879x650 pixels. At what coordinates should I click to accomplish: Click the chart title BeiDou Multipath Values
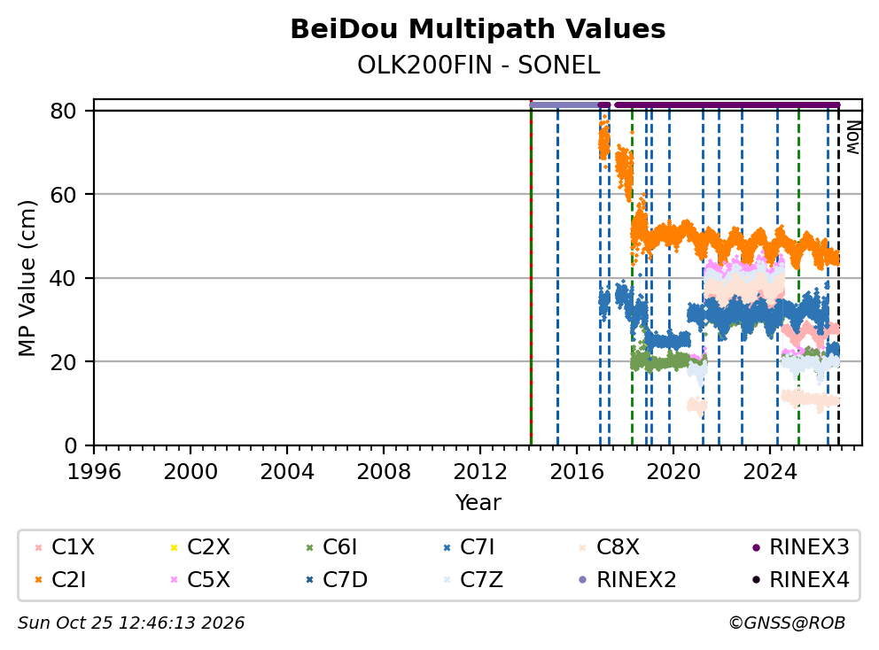tap(478, 29)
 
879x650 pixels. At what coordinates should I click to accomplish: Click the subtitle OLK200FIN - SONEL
tap(478, 66)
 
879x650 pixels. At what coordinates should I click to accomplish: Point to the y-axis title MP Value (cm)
tap(27, 278)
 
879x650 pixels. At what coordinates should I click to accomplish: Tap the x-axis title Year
tap(478, 503)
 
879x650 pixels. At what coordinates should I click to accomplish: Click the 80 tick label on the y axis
tap(63, 111)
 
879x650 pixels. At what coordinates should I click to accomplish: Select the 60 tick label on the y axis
tap(63, 195)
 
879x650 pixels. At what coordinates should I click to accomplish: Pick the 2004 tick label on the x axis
tap(287, 472)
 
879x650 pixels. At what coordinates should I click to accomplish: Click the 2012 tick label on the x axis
tap(480, 472)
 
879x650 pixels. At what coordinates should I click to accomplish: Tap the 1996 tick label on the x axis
tap(94, 472)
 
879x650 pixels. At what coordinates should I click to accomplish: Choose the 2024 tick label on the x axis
tap(770, 472)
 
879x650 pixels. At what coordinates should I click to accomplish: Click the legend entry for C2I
tap(60, 580)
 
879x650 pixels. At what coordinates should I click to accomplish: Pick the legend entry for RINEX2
tap(627, 580)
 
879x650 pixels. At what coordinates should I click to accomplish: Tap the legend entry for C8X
tap(609, 547)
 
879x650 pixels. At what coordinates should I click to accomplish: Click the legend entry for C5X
tap(199, 580)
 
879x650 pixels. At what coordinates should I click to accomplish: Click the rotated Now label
tap(852, 137)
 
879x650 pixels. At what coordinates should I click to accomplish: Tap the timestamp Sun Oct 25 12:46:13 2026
tap(131, 623)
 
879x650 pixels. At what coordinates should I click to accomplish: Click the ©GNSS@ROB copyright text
tap(787, 623)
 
